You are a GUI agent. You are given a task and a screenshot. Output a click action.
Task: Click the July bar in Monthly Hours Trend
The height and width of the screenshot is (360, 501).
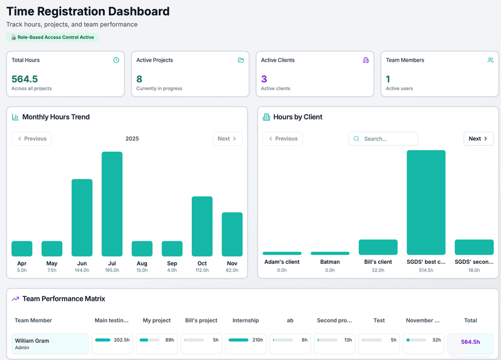click(x=112, y=204)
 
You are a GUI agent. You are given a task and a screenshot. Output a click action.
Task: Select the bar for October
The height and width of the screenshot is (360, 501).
click(x=202, y=226)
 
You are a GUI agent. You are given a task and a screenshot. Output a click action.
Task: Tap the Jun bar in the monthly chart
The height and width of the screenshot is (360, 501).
click(x=82, y=218)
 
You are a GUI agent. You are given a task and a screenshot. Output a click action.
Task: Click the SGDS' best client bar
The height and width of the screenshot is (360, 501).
click(x=426, y=203)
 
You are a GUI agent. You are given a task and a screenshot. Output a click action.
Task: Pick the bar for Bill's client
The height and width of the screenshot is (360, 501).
click(x=378, y=247)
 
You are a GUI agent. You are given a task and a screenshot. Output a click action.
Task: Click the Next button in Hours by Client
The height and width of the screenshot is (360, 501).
click(x=479, y=139)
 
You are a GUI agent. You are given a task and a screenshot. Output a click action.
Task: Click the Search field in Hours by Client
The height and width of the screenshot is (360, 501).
click(x=387, y=139)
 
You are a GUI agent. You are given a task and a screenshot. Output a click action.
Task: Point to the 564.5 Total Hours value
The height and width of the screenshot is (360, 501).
click(x=25, y=79)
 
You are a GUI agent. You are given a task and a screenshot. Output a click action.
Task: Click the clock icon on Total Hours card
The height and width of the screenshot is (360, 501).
click(x=116, y=60)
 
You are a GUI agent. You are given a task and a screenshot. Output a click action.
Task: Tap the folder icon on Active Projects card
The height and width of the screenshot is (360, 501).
click(x=241, y=60)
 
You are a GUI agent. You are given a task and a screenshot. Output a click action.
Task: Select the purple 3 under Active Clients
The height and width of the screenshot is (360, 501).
click(x=264, y=79)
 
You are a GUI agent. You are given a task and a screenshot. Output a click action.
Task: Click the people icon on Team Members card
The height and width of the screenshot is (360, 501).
click(x=491, y=60)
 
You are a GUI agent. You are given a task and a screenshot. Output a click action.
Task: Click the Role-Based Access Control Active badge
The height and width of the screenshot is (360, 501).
click(x=52, y=37)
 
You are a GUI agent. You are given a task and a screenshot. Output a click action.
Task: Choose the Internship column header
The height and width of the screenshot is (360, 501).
click(x=245, y=320)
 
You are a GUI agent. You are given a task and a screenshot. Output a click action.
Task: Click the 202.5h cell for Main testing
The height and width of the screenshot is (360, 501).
click(x=113, y=340)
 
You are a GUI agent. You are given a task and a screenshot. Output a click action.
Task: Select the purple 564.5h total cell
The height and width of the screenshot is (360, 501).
click(x=470, y=342)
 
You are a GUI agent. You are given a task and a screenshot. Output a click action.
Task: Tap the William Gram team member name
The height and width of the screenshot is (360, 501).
click(x=32, y=341)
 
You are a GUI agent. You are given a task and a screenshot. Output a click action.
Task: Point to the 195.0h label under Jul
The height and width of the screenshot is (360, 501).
click(x=112, y=270)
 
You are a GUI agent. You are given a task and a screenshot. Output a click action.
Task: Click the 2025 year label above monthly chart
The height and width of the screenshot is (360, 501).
click(x=132, y=139)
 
